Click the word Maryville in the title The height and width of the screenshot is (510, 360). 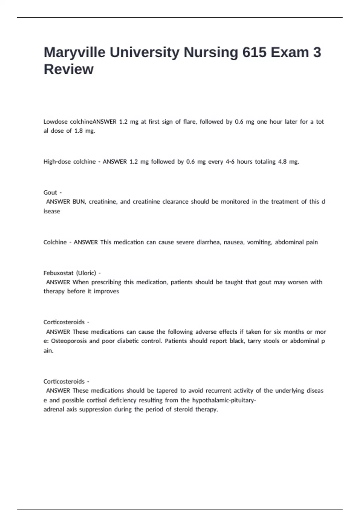point(74,53)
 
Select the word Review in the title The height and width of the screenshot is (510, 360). point(69,69)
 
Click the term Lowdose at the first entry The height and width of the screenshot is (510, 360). point(55,122)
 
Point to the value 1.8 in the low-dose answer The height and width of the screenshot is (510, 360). point(79,131)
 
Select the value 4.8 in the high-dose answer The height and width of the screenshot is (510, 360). point(282,162)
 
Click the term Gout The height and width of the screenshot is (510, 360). point(50,193)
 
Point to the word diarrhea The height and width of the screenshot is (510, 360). point(209,242)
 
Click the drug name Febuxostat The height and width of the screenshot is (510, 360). point(58,273)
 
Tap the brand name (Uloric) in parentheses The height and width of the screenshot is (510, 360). point(86,273)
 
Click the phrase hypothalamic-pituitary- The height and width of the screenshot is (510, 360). point(224,400)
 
